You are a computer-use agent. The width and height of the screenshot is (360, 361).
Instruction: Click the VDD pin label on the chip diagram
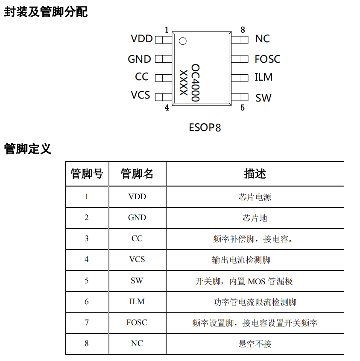point(141,39)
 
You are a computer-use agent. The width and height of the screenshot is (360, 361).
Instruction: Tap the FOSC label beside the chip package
point(267,59)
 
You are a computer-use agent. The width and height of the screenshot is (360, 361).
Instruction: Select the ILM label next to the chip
point(263,77)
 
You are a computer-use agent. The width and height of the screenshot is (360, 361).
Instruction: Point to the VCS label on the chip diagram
point(140,95)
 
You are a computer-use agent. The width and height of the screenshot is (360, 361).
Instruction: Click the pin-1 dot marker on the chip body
point(182,41)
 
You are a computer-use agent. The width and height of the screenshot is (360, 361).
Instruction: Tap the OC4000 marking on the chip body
point(195,83)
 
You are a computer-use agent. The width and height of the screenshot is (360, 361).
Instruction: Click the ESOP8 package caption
point(205,127)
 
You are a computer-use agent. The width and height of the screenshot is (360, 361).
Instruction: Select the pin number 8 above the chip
point(243,30)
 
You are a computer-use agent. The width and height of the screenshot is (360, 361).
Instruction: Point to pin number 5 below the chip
point(243,108)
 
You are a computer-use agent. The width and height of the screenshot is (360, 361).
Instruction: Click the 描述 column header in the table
point(255,174)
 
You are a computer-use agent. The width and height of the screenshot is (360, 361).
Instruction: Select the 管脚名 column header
point(137,174)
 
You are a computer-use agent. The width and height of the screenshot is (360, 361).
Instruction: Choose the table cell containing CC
point(137,239)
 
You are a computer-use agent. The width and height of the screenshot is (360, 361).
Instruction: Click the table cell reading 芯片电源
point(255,197)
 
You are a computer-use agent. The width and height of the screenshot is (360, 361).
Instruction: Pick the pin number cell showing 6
point(87,302)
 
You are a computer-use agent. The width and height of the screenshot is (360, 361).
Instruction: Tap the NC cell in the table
point(137,344)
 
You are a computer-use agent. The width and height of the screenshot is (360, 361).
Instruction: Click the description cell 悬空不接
point(255,344)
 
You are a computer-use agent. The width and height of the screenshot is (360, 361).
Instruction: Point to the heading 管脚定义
point(28,149)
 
